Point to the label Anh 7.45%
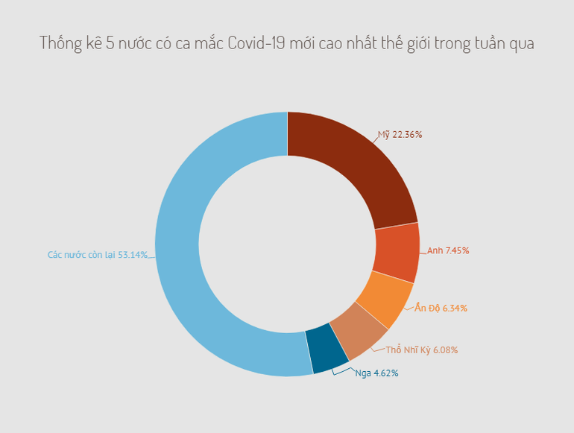click(x=447, y=250)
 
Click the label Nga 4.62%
click(x=376, y=373)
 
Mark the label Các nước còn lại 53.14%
click(x=97, y=255)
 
